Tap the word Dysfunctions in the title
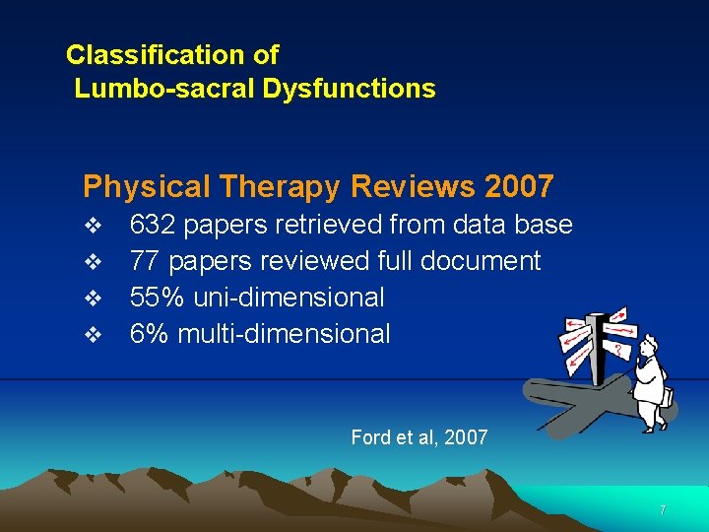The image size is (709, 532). pos(349,89)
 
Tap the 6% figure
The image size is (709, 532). pos(149,334)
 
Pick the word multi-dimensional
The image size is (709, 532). pos(284,334)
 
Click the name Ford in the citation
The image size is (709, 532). pos(371,437)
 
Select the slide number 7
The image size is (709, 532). pos(663,510)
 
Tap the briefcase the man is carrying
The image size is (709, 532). pos(666,397)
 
